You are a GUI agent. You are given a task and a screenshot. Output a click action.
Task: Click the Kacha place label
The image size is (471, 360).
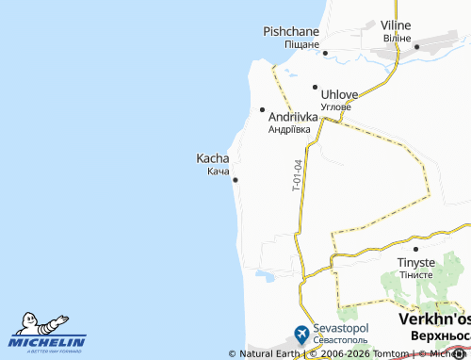coord(212,158)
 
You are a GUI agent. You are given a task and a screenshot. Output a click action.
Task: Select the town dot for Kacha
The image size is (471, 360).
coord(235,180)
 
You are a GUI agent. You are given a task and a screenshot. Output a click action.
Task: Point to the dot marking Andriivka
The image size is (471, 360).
coord(262,109)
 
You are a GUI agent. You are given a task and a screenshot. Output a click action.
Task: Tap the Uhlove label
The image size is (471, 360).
coord(340,94)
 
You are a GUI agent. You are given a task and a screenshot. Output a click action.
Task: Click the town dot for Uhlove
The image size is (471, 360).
coord(316,87)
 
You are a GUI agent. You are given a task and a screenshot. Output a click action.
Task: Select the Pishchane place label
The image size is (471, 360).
coord(291,31)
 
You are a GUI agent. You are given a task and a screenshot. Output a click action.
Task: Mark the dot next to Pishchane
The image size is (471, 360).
coord(325,53)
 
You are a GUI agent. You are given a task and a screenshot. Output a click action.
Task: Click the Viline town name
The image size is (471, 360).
coord(397,25)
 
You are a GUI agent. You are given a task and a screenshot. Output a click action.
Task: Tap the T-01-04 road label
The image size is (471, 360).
coord(295,176)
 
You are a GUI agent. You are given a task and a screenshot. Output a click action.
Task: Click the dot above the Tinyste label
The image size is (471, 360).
coord(414,249)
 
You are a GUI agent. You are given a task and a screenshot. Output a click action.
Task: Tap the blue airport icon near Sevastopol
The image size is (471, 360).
coord(300,333)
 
